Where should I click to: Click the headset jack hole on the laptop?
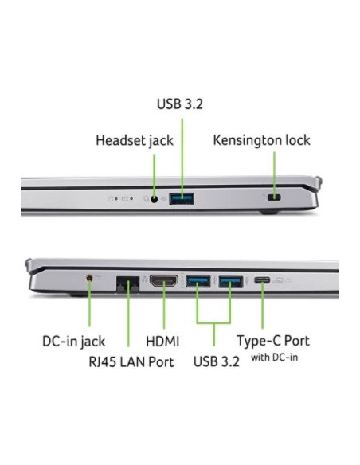click(x=154, y=199)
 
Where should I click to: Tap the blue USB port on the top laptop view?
click(x=182, y=199)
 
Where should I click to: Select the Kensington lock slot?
click(x=274, y=197)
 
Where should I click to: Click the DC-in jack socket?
click(x=89, y=278)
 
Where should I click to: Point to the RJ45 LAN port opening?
click(x=127, y=284)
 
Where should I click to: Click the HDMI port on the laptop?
click(x=164, y=281)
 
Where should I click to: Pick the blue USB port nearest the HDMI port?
click(x=198, y=281)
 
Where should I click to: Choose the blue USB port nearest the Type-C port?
click(x=231, y=282)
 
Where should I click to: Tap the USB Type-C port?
click(x=262, y=280)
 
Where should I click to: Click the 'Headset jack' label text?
click(x=135, y=141)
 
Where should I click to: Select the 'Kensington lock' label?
click(x=261, y=140)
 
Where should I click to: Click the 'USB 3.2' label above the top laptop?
click(x=180, y=104)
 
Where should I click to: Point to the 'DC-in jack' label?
click(x=73, y=342)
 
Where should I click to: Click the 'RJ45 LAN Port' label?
click(x=131, y=361)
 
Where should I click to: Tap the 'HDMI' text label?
click(x=162, y=342)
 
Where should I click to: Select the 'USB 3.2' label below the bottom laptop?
click(x=216, y=361)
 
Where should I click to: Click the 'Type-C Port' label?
click(x=273, y=341)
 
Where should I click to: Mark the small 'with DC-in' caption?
click(x=274, y=358)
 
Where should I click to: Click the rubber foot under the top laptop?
click(x=269, y=212)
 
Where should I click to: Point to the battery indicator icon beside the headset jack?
click(x=125, y=199)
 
